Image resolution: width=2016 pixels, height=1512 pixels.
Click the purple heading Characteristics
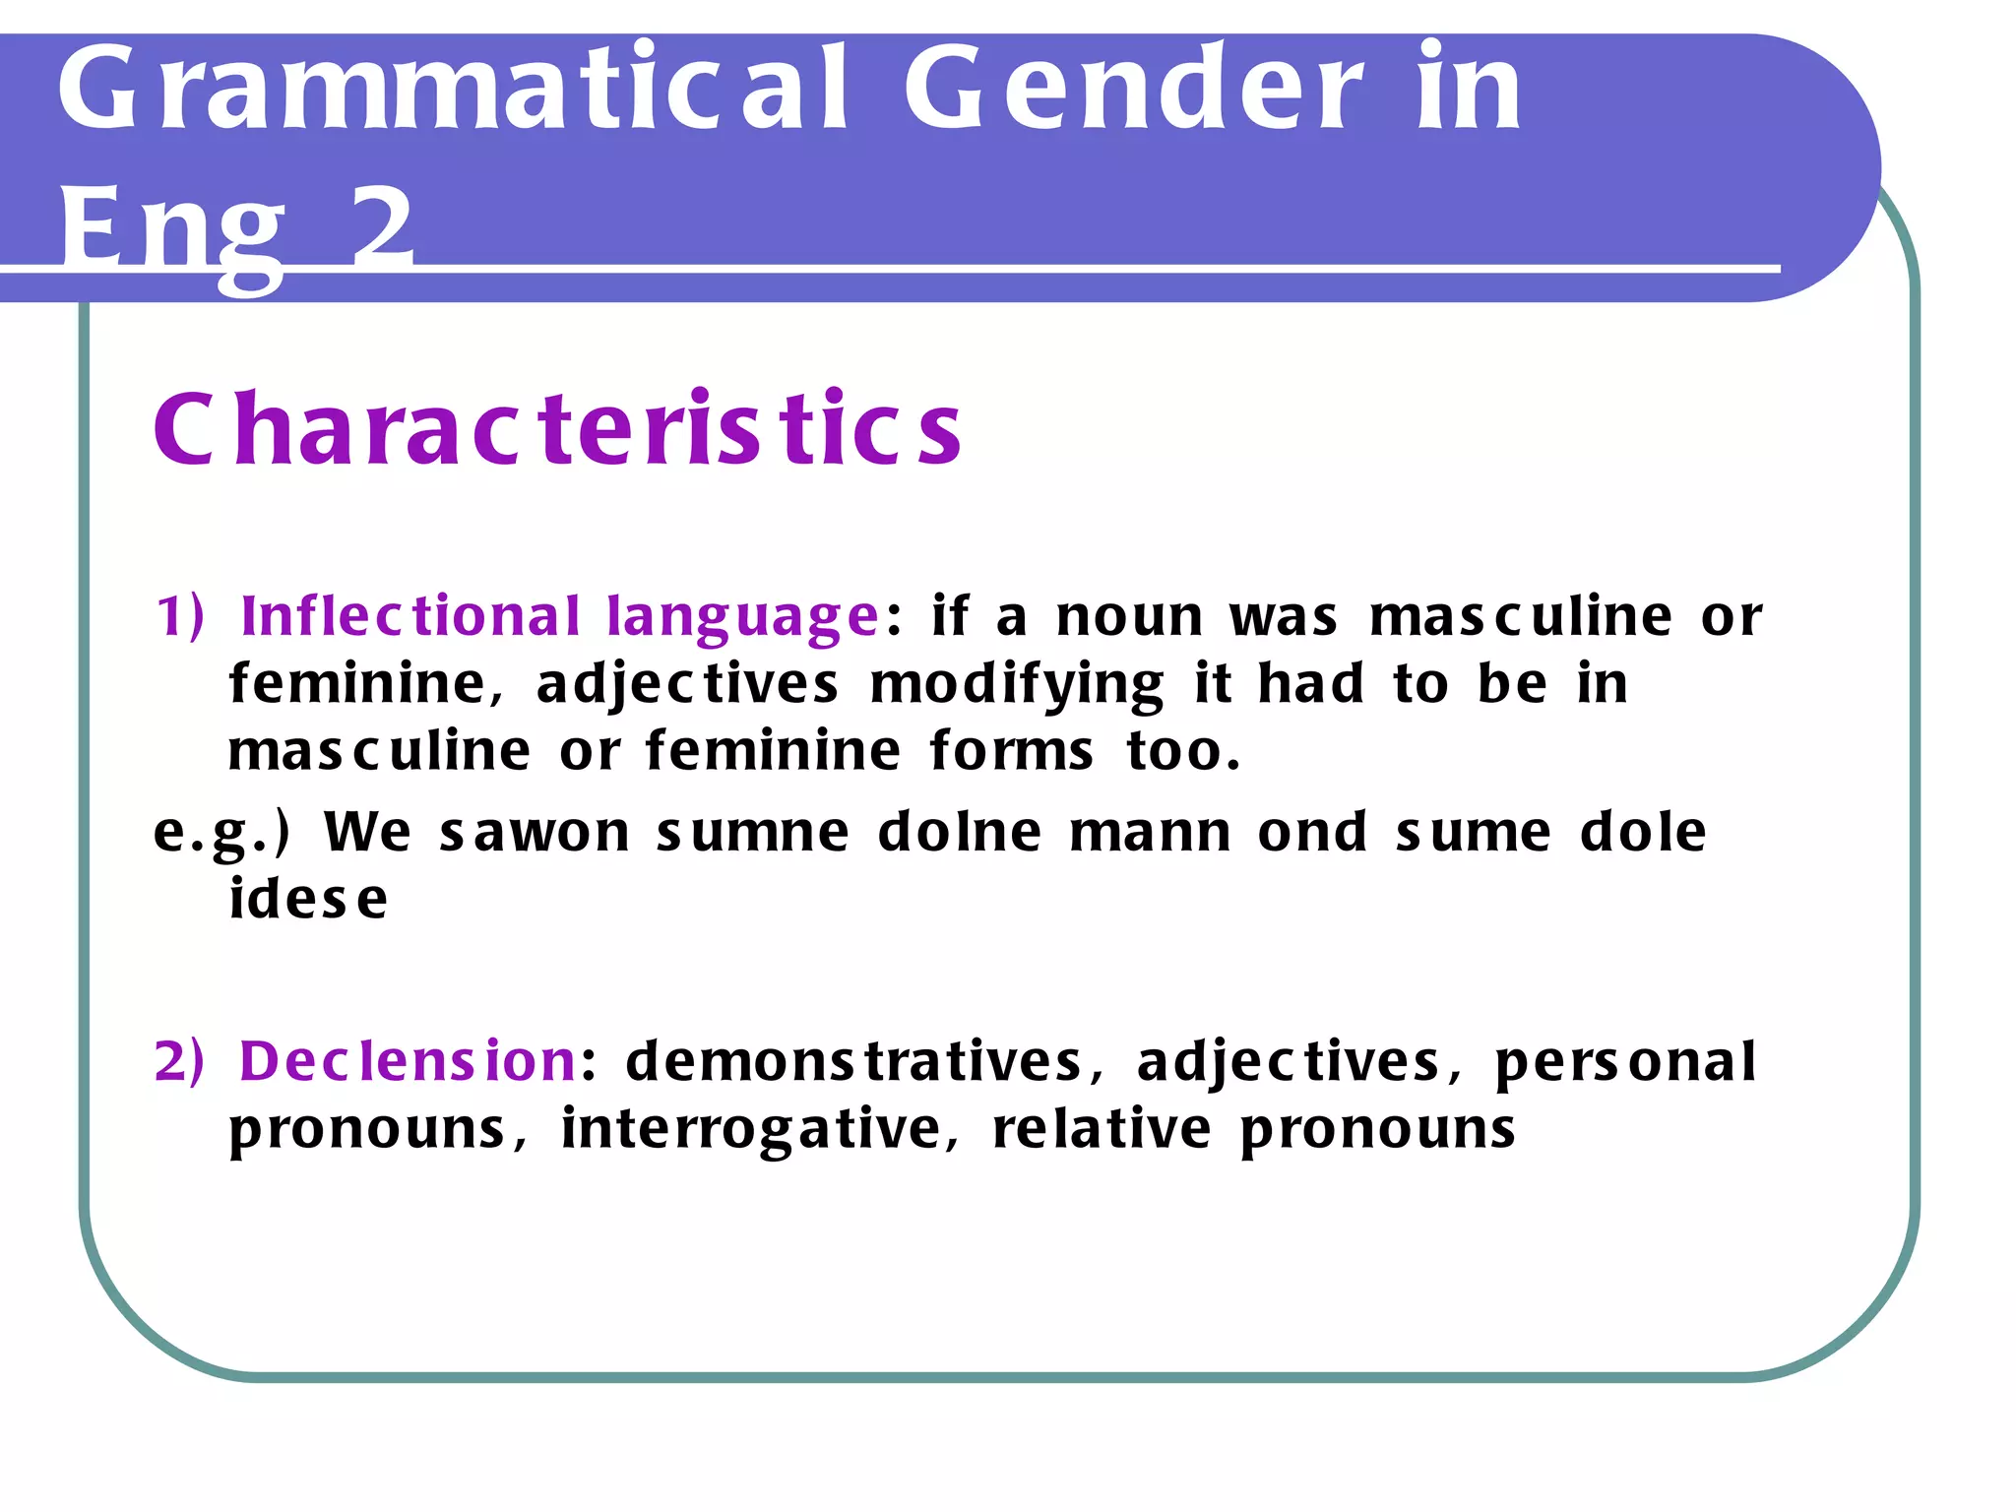tap(557, 429)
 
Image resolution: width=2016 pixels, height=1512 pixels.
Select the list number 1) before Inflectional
tap(180, 617)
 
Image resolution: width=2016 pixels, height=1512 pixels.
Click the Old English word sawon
tap(535, 833)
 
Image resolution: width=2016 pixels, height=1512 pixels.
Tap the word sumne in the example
tap(753, 833)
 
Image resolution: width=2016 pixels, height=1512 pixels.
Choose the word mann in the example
tap(1150, 833)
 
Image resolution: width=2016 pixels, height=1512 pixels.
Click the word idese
tap(308, 900)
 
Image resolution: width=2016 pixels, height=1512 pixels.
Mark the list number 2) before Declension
tap(179, 1062)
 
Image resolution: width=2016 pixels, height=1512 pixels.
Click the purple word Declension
tap(408, 1062)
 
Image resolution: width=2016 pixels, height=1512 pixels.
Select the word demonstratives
tap(854, 1062)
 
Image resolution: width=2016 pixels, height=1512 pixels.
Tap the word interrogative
tap(752, 1129)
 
